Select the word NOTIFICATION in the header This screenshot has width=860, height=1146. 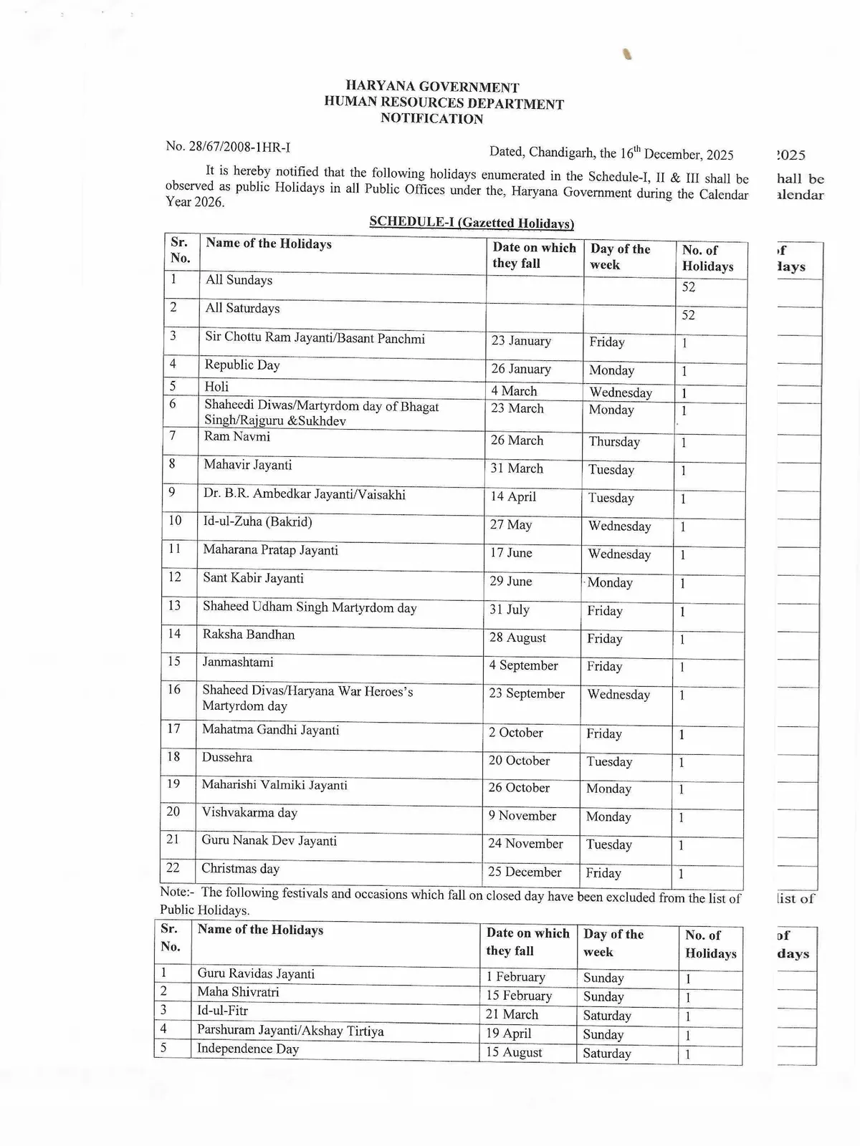click(x=431, y=119)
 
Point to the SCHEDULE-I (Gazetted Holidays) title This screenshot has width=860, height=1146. click(x=472, y=223)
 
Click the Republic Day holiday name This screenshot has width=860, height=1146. click(x=242, y=365)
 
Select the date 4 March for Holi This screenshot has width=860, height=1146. click(x=514, y=391)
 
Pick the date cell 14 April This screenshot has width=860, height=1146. click(x=513, y=496)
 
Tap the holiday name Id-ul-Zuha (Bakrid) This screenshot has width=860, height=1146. click(x=257, y=522)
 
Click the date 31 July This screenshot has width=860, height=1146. click(x=510, y=610)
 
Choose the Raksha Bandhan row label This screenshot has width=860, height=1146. click(x=248, y=635)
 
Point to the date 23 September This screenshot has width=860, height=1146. click(x=527, y=693)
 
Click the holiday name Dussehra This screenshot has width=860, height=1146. click(x=226, y=757)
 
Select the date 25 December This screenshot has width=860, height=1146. click(x=525, y=872)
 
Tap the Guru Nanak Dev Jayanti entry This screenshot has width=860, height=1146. click(x=269, y=841)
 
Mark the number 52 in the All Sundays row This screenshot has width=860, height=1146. click(x=689, y=287)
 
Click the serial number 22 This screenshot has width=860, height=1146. click(x=173, y=867)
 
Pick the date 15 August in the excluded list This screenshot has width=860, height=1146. click(x=514, y=1053)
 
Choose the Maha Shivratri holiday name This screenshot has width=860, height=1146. click(x=238, y=992)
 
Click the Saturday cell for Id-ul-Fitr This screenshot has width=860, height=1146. click(x=607, y=1016)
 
